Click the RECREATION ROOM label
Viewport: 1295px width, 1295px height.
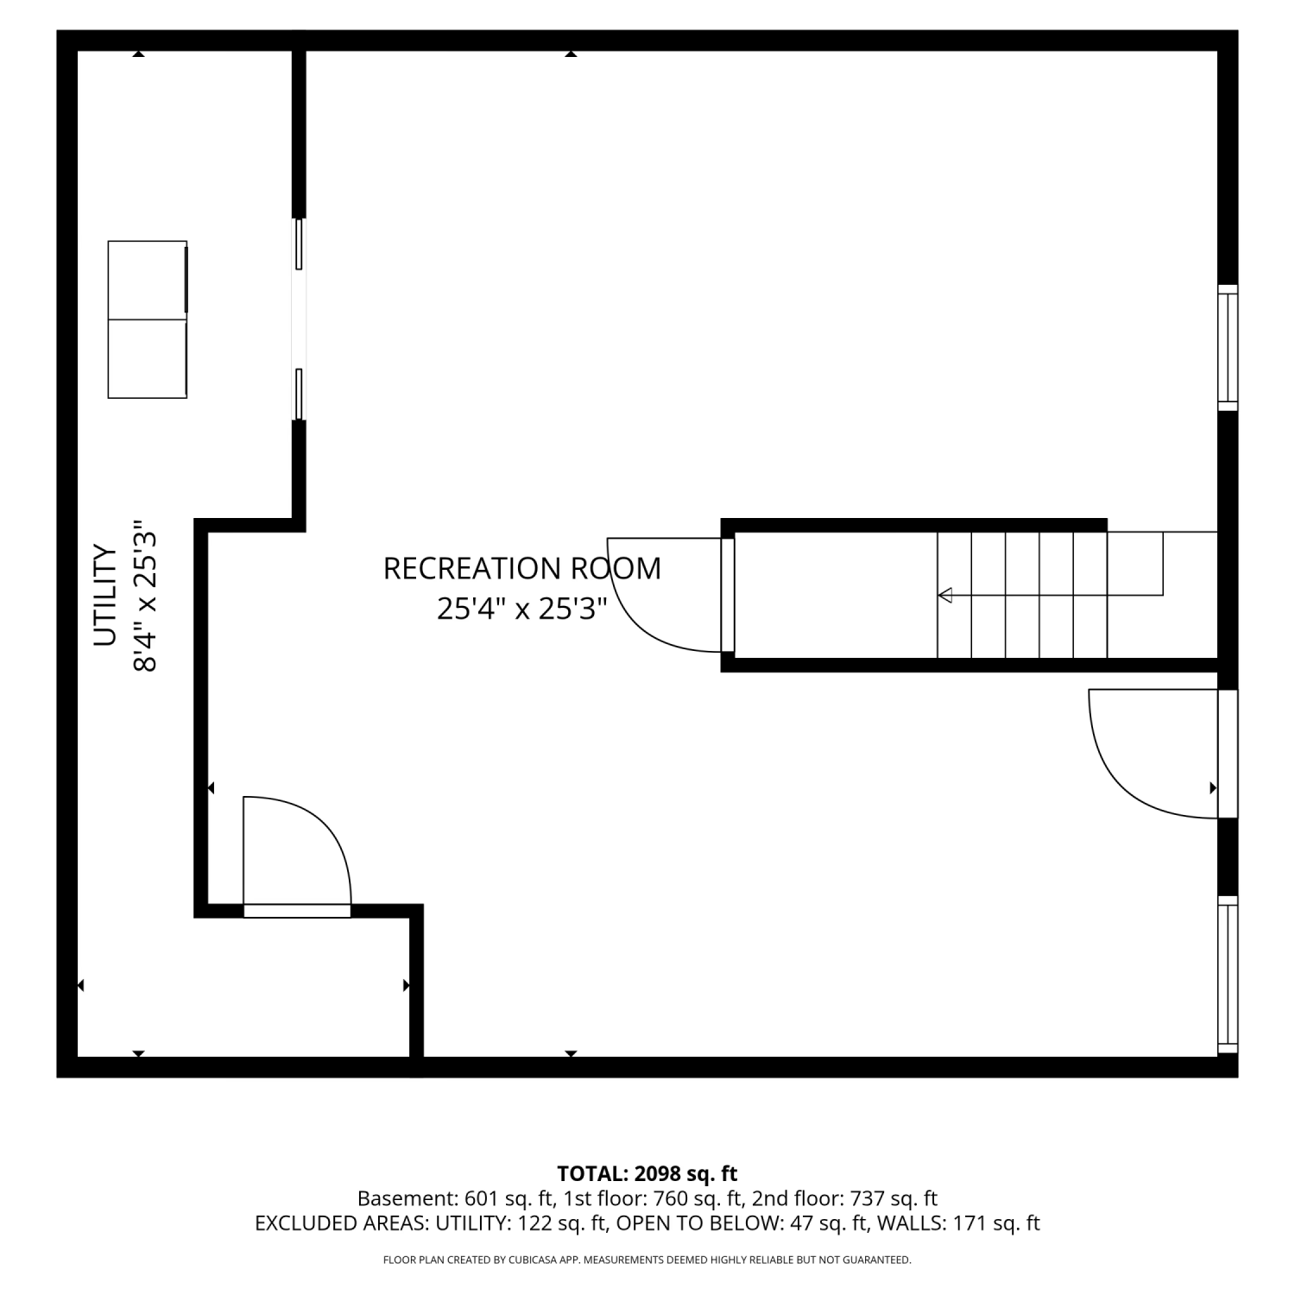(x=522, y=569)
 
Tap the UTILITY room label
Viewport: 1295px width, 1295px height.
(x=104, y=595)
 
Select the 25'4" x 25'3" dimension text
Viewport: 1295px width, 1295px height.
(x=522, y=609)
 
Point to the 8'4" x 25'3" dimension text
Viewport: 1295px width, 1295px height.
(x=144, y=595)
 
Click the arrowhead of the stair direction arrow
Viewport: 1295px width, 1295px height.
(x=944, y=595)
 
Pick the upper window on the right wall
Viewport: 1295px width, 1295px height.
(x=1228, y=348)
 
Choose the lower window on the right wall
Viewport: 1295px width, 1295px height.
(x=1228, y=975)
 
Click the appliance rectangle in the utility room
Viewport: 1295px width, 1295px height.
(x=148, y=319)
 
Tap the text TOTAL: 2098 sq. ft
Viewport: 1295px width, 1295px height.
(x=647, y=1173)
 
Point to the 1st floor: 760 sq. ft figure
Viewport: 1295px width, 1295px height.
(x=654, y=1198)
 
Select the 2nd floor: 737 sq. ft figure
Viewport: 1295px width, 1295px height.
(x=844, y=1198)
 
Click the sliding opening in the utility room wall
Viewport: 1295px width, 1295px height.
(x=299, y=319)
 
